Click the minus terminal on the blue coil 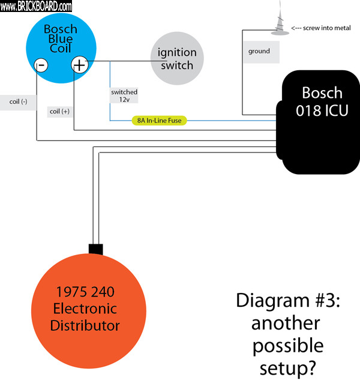click(x=40, y=65)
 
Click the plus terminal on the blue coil click(x=80, y=65)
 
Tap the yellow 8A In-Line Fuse click(x=159, y=121)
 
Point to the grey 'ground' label click(x=259, y=52)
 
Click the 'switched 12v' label click(x=124, y=95)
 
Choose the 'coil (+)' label click(x=59, y=111)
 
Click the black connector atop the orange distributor click(x=96, y=249)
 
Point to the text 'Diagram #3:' click(x=287, y=301)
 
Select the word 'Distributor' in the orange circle click(x=85, y=326)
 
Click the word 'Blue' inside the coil click(x=60, y=39)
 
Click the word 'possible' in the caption click(x=287, y=345)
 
